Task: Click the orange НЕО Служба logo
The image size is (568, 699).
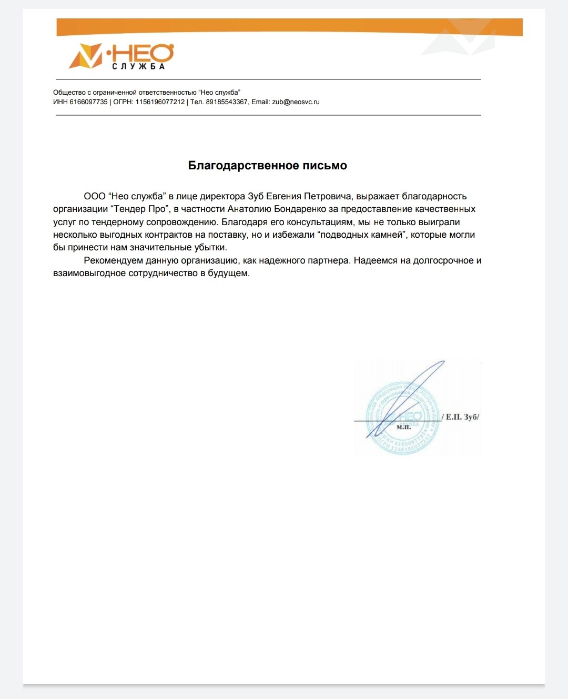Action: click(x=121, y=56)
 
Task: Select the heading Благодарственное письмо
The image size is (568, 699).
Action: click(x=267, y=166)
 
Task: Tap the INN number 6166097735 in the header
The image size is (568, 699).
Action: click(x=88, y=102)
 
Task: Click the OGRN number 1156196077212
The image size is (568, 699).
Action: click(x=160, y=102)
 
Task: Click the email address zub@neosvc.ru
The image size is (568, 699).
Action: click(x=296, y=102)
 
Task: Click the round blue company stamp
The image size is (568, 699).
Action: click(x=402, y=418)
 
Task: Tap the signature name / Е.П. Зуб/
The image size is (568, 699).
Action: click(x=461, y=417)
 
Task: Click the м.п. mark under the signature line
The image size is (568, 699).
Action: click(x=404, y=427)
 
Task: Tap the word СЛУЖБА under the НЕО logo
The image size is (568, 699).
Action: click(x=138, y=67)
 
